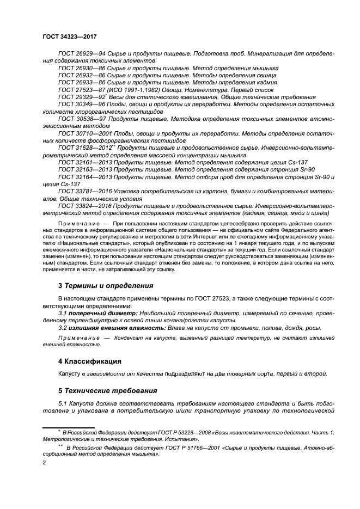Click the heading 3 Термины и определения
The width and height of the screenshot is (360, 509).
pos(106,285)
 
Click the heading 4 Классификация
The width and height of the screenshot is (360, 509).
pos(90,361)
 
